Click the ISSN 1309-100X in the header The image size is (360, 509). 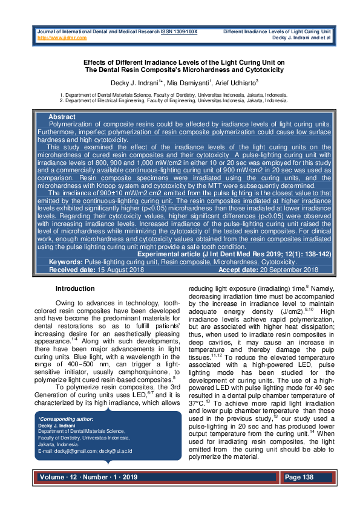pos(179,31)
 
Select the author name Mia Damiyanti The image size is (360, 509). pos(181,82)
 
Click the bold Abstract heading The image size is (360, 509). pos(62,117)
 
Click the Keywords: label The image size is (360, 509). pos(66,262)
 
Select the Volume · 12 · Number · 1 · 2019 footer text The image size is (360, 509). pos(89,478)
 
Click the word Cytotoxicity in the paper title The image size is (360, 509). pos(261,70)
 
